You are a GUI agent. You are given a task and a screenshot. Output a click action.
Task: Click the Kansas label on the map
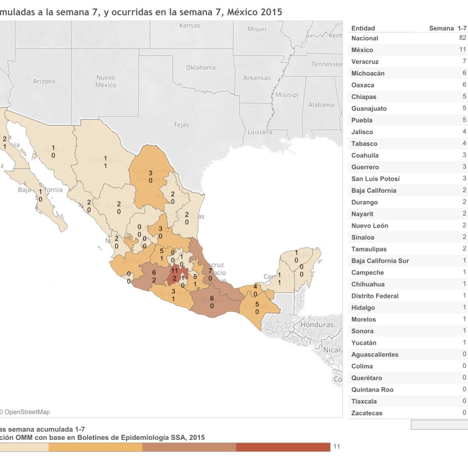coord(190,26)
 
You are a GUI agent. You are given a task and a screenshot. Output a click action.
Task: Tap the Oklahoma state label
coord(201,67)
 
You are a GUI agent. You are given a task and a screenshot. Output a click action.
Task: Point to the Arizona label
coord(44,81)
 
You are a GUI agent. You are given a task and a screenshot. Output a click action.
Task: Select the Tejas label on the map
coord(181,125)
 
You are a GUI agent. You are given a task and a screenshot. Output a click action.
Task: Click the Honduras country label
coord(317,325)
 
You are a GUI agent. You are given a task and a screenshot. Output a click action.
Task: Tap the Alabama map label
coord(321,105)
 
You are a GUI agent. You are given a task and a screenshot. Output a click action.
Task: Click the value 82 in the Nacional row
coord(463,38)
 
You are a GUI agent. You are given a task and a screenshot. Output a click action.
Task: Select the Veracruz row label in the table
coord(365,62)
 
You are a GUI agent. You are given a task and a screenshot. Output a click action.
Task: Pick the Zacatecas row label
coord(367,413)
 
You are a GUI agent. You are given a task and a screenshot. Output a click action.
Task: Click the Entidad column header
coord(363,28)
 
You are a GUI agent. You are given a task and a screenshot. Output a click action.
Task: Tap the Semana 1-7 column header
coord(448,28)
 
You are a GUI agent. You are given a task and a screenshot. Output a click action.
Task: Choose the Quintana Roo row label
coord(372,390)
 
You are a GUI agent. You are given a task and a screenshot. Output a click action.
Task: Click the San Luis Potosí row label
coord(376,179)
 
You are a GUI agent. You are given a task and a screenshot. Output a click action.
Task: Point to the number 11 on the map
coord(174,271)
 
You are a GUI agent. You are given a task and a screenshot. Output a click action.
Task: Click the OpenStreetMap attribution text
coord(27,412)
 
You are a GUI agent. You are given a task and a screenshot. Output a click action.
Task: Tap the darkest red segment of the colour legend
coord(283,447)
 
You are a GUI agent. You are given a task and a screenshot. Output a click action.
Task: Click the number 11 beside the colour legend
coord(337,447)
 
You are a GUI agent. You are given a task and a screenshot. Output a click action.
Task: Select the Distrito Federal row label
coord(375,296)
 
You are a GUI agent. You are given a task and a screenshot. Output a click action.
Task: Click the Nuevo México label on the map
coord(106,81)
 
